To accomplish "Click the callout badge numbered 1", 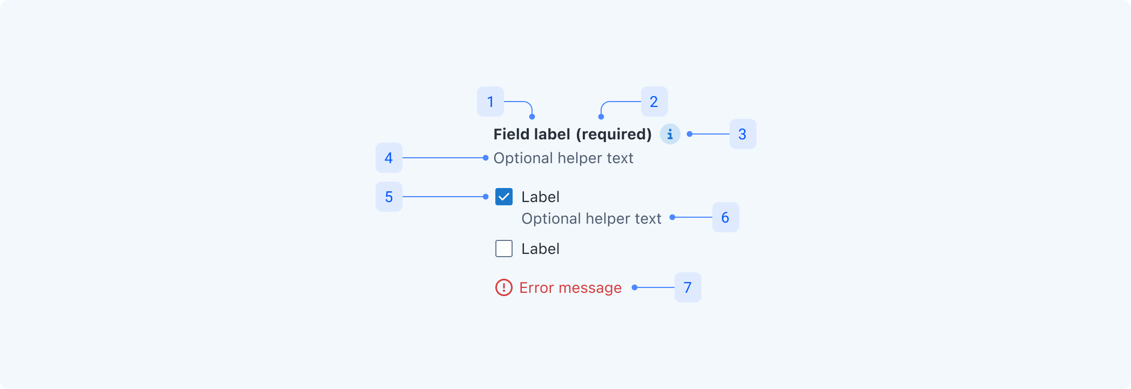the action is tap(490, 102).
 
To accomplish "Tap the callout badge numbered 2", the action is tap(654, 102).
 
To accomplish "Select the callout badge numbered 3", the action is tap(742, 134).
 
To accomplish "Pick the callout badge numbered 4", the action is tap(389, 158).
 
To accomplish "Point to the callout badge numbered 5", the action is tap(389, 197).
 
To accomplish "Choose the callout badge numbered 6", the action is tap(725, 217).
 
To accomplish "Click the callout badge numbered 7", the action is tap(687, 287).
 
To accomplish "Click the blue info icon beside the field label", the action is tap(670, 134).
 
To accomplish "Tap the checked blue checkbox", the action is tap(504, 197).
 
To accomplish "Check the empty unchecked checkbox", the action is tap(504, 249).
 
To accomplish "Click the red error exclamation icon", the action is tap(504, 287).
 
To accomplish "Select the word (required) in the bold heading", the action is tap(614, 134).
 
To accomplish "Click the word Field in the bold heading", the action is tap(510, 134).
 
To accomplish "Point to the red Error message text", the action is tap(570, 287).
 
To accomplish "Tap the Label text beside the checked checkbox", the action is tap(540, 197).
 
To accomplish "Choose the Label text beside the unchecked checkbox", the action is tap(540, 249).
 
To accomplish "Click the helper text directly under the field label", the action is tap(563, 158).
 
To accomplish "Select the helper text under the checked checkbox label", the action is tap(591, 218).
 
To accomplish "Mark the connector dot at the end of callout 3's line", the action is tap(690, 134).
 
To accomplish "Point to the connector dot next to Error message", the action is tap(635, 287).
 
